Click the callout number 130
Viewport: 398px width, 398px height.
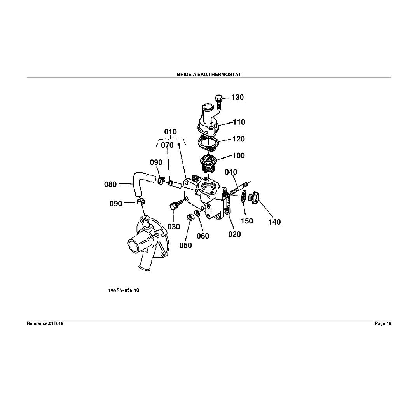coord(237,98)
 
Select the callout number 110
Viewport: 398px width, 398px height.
coord(239,122)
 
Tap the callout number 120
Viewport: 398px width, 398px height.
coord(239,139)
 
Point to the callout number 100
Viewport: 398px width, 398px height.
coord(239,156)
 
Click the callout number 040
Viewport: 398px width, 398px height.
coord(231,172)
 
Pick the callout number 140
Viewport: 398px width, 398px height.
coord(274,222)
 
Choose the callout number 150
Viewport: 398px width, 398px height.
coord(247,221)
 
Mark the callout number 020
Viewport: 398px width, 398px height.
coord(234,234)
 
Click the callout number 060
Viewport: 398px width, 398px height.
coord(202,236)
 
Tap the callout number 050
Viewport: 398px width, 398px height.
coord(185,245)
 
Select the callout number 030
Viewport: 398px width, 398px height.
coord(174,227)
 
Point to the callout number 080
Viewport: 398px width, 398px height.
coord(110,184)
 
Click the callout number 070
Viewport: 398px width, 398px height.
coord(168,145)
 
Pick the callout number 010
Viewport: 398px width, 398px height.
coord(170,132)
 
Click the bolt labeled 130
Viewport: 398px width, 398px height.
coord(218,102)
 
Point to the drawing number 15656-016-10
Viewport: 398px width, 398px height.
coord(123,290)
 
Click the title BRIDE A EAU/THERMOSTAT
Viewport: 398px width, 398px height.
coord(209,74)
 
